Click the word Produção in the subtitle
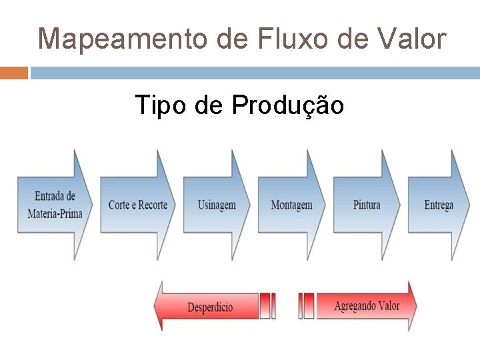click(288, 105)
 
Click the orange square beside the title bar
click(13, 72)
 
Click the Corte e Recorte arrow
click(137, 205)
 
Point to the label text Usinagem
click(217, 205)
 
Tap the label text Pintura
click(367, 205)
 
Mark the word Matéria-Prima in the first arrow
click(55, 214)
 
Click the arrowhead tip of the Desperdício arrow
click(157, 307)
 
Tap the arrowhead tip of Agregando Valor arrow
click(415, 306)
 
